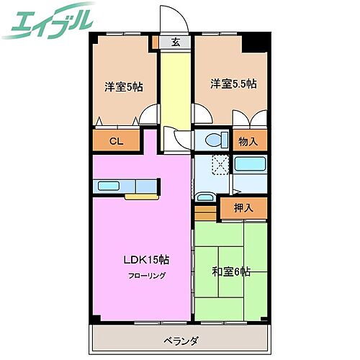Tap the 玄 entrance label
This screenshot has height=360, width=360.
tap(175, 42)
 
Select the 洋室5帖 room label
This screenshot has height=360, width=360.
tap(123, 86)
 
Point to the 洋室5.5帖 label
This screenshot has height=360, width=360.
tap(233, 84)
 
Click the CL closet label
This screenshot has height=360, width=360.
tap(115, 141)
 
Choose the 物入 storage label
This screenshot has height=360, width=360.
tap(248, 141)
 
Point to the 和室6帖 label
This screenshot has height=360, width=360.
tap(230, 271)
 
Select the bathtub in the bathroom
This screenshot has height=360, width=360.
tap(251, 164)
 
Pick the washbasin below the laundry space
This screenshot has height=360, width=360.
tap(205, 196)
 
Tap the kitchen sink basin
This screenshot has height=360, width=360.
tap(109, 186)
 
